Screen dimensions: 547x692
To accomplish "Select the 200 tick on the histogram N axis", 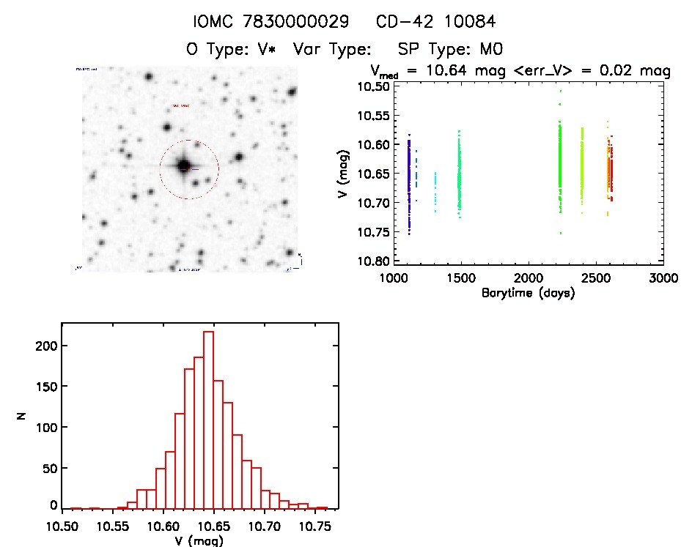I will tap(46, 345).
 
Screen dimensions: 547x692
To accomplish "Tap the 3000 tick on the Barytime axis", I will tap(663, 279).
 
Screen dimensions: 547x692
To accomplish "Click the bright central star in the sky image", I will tap(183, 166).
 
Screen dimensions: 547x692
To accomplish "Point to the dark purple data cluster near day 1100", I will tap(408, 183).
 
